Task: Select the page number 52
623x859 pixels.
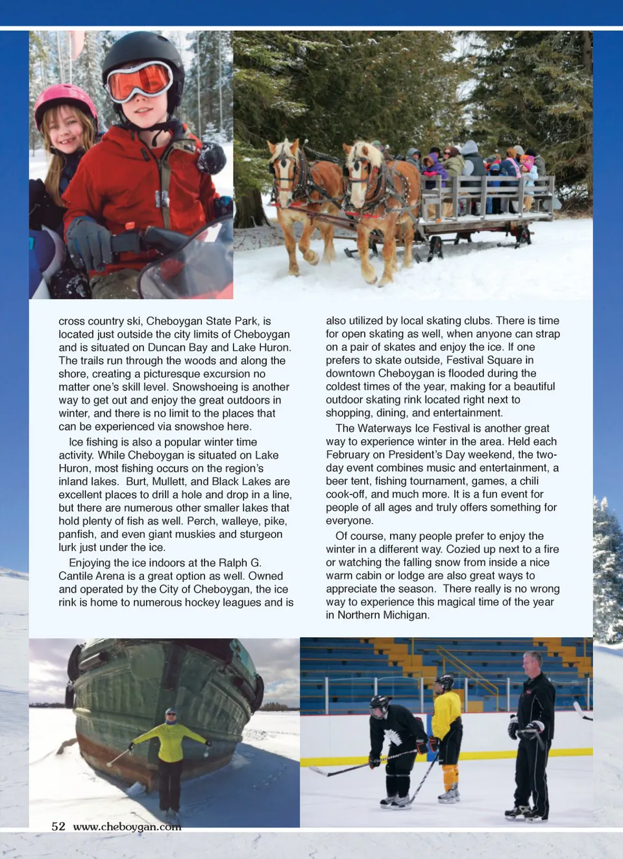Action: coord(58,826)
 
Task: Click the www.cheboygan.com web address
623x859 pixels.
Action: coord(127,827)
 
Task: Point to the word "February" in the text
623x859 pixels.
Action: coord(350,455)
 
